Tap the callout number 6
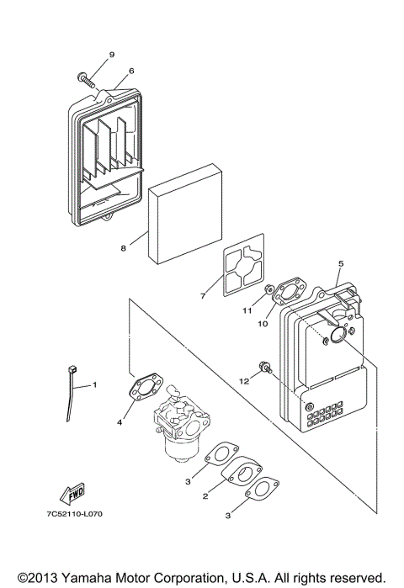coord(131,71)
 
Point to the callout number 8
coord(123,248)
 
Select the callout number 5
coord(340,264)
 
